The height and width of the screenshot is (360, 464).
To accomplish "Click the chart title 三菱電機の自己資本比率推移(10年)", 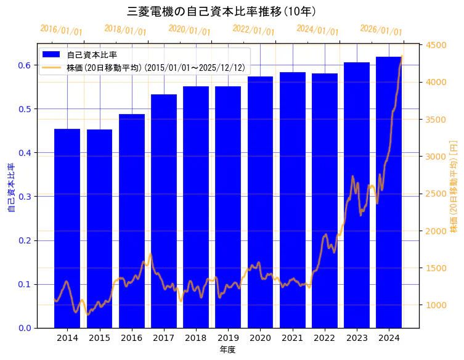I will tap(221, 11).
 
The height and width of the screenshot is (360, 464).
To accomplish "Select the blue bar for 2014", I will tap(67, 228).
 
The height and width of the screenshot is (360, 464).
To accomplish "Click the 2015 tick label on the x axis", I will tap(99, 338).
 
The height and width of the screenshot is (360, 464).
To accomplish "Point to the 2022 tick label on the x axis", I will tap(324, 338).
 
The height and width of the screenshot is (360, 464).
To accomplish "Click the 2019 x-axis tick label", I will tap(228, 338).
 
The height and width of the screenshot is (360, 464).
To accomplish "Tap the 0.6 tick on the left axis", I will tap(25, 65).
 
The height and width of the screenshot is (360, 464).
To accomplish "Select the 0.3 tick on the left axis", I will tap(25, 197).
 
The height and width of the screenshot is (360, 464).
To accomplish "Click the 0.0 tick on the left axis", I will tap(25, 328).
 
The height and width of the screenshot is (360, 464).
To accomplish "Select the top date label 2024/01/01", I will tap(317, 30).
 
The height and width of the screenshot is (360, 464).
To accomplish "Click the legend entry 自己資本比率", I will tap(92, 55).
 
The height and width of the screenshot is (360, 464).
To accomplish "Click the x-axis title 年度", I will tap(227, 350).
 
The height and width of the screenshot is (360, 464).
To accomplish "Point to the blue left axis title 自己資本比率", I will tap(10, 187).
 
